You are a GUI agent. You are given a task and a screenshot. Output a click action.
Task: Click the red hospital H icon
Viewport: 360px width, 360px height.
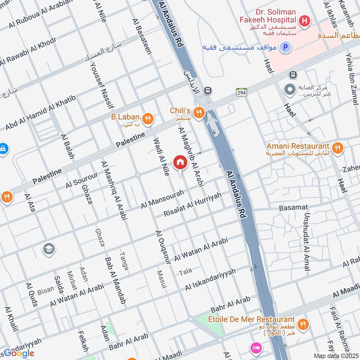[305, 20]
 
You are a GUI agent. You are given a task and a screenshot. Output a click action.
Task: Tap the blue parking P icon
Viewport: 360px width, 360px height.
[284, 46]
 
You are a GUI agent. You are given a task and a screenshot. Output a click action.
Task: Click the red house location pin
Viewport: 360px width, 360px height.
[180, 162]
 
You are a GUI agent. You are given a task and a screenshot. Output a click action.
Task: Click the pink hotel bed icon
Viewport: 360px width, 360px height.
[257, 348]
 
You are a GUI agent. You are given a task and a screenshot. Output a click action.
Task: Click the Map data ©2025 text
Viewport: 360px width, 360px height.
[335, 355]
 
